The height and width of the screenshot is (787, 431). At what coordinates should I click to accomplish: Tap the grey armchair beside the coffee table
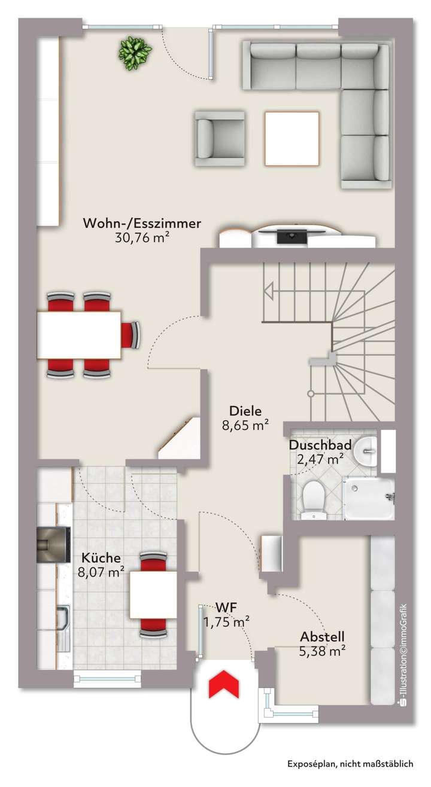219,138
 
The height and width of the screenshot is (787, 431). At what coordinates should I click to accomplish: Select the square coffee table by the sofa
292,139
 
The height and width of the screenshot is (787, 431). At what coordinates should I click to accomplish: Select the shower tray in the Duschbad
368,498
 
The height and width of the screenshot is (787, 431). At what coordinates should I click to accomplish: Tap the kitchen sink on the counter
62,617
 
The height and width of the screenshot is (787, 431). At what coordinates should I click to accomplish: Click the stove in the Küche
53,545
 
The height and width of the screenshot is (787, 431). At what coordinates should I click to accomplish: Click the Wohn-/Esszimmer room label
142,224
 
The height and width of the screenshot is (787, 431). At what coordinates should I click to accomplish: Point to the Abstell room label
322,637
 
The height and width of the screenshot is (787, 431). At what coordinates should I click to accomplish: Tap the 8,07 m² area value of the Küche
101,571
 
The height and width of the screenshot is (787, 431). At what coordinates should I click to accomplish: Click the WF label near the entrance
227,608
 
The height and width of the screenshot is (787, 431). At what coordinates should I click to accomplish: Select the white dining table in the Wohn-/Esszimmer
79,334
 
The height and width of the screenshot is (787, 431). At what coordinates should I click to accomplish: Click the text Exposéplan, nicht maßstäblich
350,764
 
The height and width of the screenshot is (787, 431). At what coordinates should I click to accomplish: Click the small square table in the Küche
153,594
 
